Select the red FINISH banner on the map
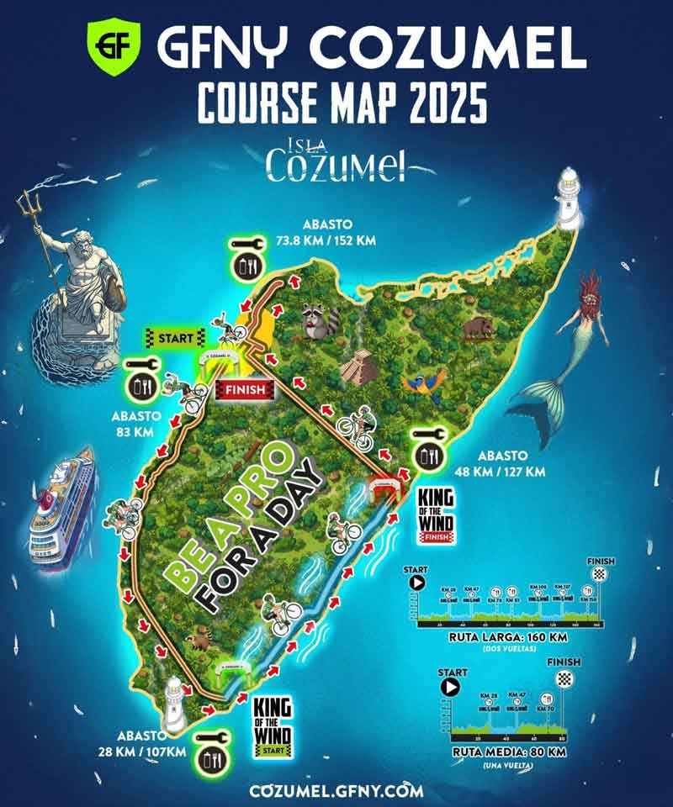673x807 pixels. pyautogui.click(x=246, y=389)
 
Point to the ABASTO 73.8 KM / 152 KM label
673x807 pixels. pyautogui.click(x=328, y=232)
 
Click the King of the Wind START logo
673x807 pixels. pyautogui.click(x=271, y=720)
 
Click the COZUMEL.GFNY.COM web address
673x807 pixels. pyautogui.click(x=336, y=790)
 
